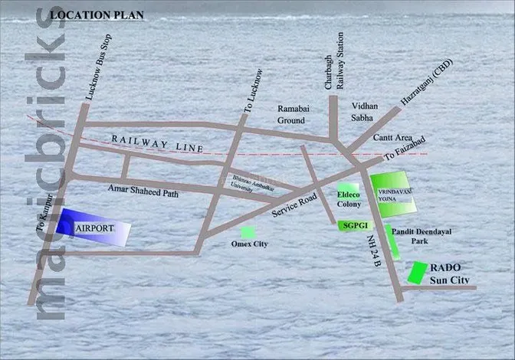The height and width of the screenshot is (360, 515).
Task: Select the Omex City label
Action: point(250,245)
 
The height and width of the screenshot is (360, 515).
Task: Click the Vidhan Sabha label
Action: point(367,112)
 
